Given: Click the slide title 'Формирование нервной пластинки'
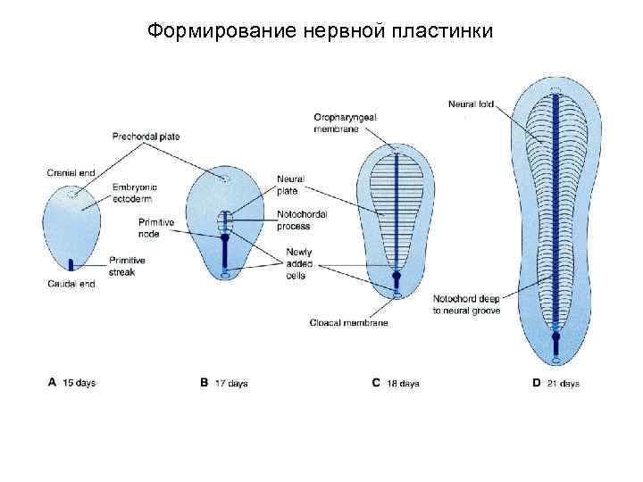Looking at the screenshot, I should (321, 30).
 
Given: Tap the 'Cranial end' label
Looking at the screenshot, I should (67, 172).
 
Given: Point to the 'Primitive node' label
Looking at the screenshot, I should (156, 227).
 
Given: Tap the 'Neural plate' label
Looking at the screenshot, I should (290, 185).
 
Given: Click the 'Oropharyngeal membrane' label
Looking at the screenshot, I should (336, 123).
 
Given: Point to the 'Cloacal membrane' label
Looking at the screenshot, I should (348, 322).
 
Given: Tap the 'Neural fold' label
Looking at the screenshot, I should (470, 104).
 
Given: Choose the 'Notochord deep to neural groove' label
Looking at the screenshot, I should (466, 303).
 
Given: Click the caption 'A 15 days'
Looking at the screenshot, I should (71, 382).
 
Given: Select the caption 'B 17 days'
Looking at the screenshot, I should (224, 383).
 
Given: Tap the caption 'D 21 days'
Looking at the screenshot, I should (555, 383).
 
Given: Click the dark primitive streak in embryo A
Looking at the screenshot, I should (70, 263).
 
